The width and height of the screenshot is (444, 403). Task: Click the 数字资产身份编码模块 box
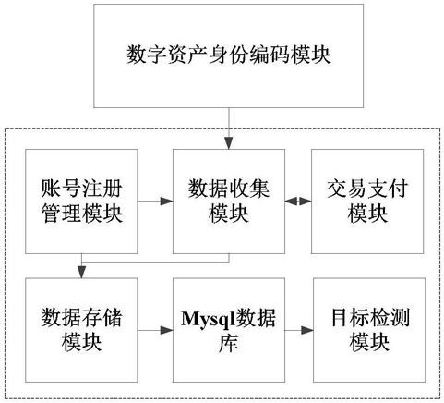(x=228, y=55)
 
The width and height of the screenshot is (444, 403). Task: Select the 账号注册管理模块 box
(x=81, y=201)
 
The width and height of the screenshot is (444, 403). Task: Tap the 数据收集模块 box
(x=229, y=201)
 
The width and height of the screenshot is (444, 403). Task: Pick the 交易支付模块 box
(x=367, y=201)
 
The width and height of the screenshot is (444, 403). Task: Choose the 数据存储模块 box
(x=81, y=330)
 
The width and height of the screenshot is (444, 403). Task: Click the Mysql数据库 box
(x=229, y=330)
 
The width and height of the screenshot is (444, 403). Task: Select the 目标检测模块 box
(x=369, y=330)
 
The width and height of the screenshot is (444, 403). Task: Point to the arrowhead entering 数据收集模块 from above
(x=229, y=143)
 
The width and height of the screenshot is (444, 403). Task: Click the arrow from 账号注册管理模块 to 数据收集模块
(x=155, y=201)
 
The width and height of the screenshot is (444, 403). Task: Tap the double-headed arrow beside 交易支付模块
(x=298, y=201)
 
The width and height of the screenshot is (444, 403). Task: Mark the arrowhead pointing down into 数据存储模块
(x=81, y=272)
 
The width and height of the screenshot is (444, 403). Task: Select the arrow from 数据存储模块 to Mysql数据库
(x=155, y=330)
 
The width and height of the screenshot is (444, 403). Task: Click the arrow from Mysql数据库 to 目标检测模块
(x=299, y=330)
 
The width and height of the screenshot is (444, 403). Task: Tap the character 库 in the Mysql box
(x=229, y=343)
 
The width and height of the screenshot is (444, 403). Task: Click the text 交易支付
(x=367, y=189)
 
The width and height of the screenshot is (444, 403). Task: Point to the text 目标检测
(x=370, y=317)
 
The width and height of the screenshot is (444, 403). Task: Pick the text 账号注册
(x=81, y=189)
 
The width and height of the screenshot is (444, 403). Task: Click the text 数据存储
(x=81, y=317)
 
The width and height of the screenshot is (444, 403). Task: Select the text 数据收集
(x=229, y=189)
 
